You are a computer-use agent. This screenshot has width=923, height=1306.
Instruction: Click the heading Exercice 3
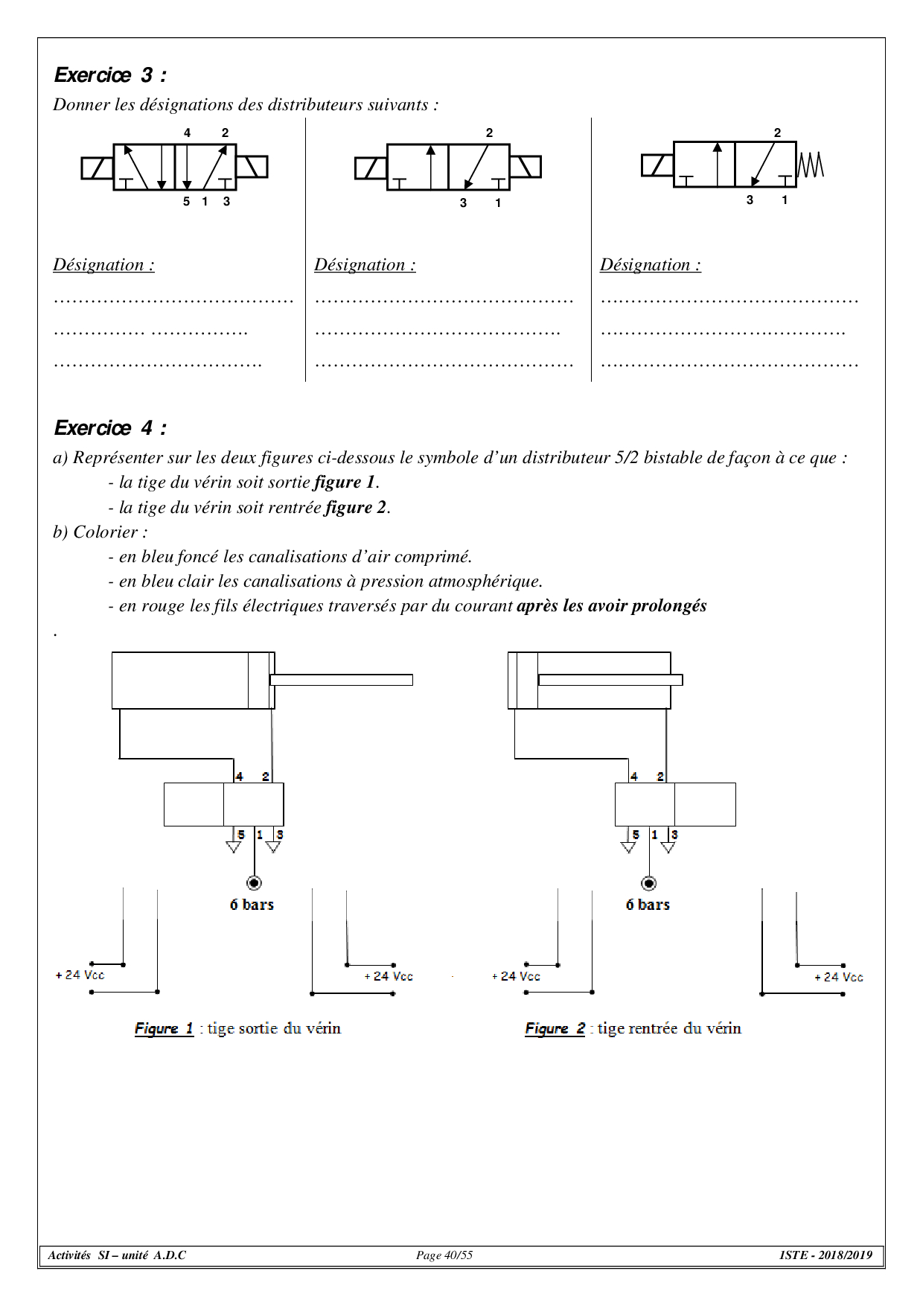[x=110, y=75]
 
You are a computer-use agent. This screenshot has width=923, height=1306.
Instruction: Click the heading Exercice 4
[x=110, y=428]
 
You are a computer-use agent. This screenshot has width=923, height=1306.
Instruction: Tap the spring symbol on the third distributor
[x=811, y=165]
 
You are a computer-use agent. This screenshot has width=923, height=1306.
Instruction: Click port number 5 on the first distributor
[x=186, y=201]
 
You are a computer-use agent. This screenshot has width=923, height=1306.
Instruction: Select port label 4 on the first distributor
[x=187, y=133]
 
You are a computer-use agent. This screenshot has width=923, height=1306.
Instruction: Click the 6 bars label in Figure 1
[x=252, y=905]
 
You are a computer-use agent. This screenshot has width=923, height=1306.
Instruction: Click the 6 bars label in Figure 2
[x=648, y=905]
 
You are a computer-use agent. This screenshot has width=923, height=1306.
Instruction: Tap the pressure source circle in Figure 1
[x=254, y=883]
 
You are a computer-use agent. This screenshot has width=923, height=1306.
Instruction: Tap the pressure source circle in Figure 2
[x=649, y=883]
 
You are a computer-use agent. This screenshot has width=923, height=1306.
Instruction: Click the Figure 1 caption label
[x=164, y=1028]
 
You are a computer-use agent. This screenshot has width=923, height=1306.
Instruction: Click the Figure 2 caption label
[x=555, y=1028]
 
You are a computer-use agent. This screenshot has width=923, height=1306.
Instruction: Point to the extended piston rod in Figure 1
[x=341, y=680]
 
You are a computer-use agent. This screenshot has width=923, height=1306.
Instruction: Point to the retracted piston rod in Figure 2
[x=610, y=680]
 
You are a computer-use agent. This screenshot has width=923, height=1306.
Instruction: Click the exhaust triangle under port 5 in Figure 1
[x=234, y=847]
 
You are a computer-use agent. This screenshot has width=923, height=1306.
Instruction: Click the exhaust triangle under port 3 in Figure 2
[x=668, y=847]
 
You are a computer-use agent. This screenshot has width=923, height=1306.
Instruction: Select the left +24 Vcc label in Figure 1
[x=80, y=975]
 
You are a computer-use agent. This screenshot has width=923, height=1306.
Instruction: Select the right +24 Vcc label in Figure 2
[x=839, y=977]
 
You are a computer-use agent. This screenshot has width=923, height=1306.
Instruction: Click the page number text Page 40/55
[x=444, y=1255]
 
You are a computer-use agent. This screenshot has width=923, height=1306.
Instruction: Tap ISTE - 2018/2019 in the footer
[x=825, y=1255]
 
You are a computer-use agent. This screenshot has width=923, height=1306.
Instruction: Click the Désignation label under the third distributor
[x=651, y=265]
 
